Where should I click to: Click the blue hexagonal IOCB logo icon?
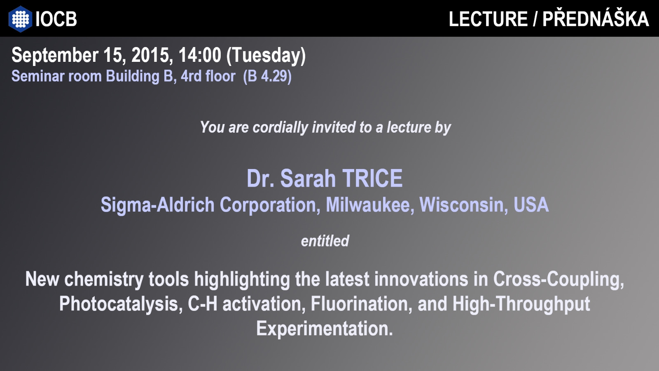point(20,19)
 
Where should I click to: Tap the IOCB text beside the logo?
point(56,19)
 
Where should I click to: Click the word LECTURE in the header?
point(488,19)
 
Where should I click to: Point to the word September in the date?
point(55,56)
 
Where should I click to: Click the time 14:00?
point(200,55)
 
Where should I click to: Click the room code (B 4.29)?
point(267,76)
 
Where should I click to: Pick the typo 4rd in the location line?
point(191,76)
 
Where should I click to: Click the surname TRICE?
point(372,178)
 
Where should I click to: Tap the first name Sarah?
point(308,178)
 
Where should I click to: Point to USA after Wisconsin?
point(531,204)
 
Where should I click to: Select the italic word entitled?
point(325,241)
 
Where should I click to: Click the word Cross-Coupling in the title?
point(559,279)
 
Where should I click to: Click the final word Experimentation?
point(325,329)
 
